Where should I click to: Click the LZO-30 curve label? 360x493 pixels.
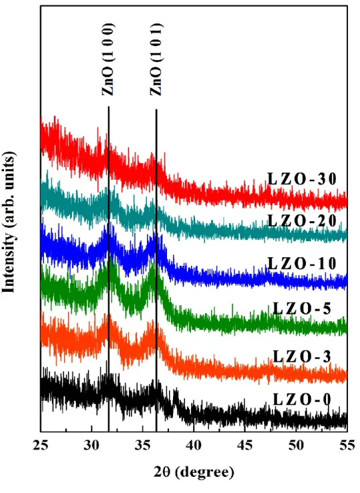302,179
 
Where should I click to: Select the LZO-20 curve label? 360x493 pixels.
302,220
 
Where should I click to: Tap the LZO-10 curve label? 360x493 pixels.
302,263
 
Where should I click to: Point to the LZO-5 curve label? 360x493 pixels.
302,309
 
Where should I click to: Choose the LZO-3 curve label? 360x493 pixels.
302,357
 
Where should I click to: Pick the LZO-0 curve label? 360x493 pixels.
302,399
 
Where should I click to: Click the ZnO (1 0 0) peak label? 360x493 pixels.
108,59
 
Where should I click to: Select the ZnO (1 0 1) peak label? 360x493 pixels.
156,59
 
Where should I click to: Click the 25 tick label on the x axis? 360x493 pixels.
41,446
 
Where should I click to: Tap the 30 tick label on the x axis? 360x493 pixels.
92,446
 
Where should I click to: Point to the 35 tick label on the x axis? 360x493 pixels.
142,446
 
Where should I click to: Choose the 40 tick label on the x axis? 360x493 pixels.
194,446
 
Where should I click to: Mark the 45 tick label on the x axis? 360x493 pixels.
245,446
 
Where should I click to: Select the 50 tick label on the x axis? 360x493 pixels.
296,446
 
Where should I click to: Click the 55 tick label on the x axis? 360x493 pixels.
347,446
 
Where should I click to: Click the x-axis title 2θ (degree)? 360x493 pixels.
194,472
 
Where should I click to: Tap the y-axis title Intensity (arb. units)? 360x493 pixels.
9,222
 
